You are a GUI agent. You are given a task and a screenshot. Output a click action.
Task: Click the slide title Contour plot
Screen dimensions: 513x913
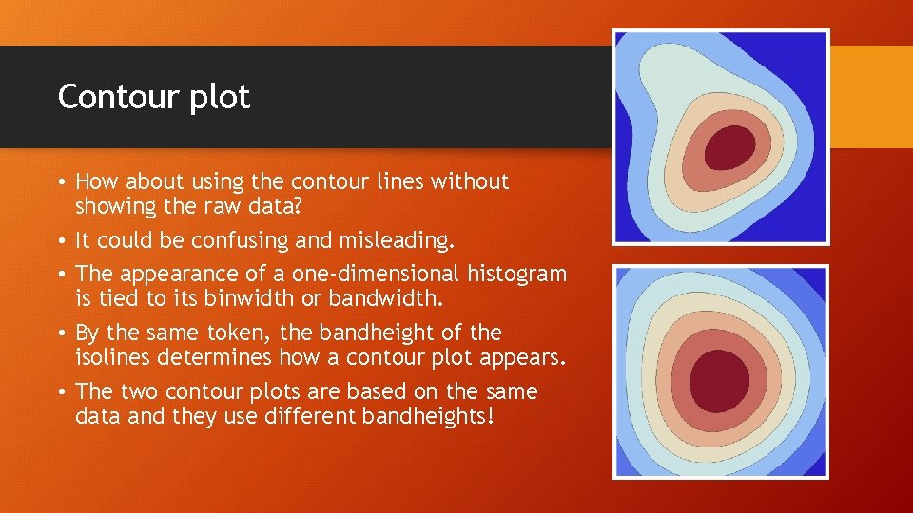point(153,97)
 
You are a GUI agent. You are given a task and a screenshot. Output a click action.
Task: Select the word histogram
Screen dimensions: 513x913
point(516,275)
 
